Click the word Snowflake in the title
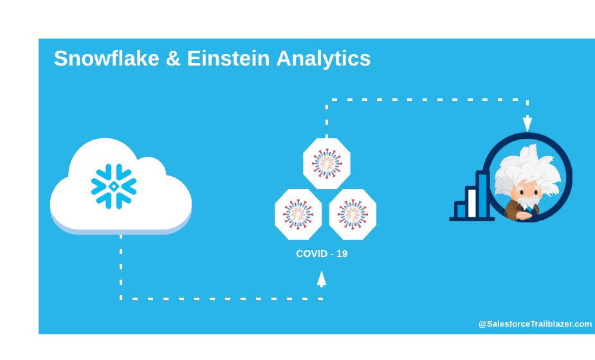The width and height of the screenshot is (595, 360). click(107, 59)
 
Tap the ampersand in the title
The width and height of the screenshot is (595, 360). click(173, 59)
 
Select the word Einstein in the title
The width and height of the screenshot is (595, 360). click(228, 59)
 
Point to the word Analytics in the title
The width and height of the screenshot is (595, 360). click(324, 59)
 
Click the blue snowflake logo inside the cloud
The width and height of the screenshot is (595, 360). click(114, 186)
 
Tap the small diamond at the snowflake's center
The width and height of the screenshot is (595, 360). click(114, 186)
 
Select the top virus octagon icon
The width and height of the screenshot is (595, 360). click(327, 163)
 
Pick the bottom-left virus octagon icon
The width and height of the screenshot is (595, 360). click(298, 214)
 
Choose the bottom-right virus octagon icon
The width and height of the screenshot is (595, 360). click(353, 214)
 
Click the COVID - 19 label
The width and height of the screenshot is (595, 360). click(322, 254)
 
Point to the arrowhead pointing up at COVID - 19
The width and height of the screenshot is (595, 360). click(322, 279)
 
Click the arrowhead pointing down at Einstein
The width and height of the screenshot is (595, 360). click(527, 123)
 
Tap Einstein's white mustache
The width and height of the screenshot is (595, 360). click(528, 201)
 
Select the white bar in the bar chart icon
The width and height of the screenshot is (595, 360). click(471, 203)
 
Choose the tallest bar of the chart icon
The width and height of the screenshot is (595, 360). click(482, 195)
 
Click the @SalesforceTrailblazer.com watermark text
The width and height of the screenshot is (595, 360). click(535, 324)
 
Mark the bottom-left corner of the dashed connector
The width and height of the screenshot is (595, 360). click(121, 299)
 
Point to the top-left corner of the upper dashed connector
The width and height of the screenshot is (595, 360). click(327, 100)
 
